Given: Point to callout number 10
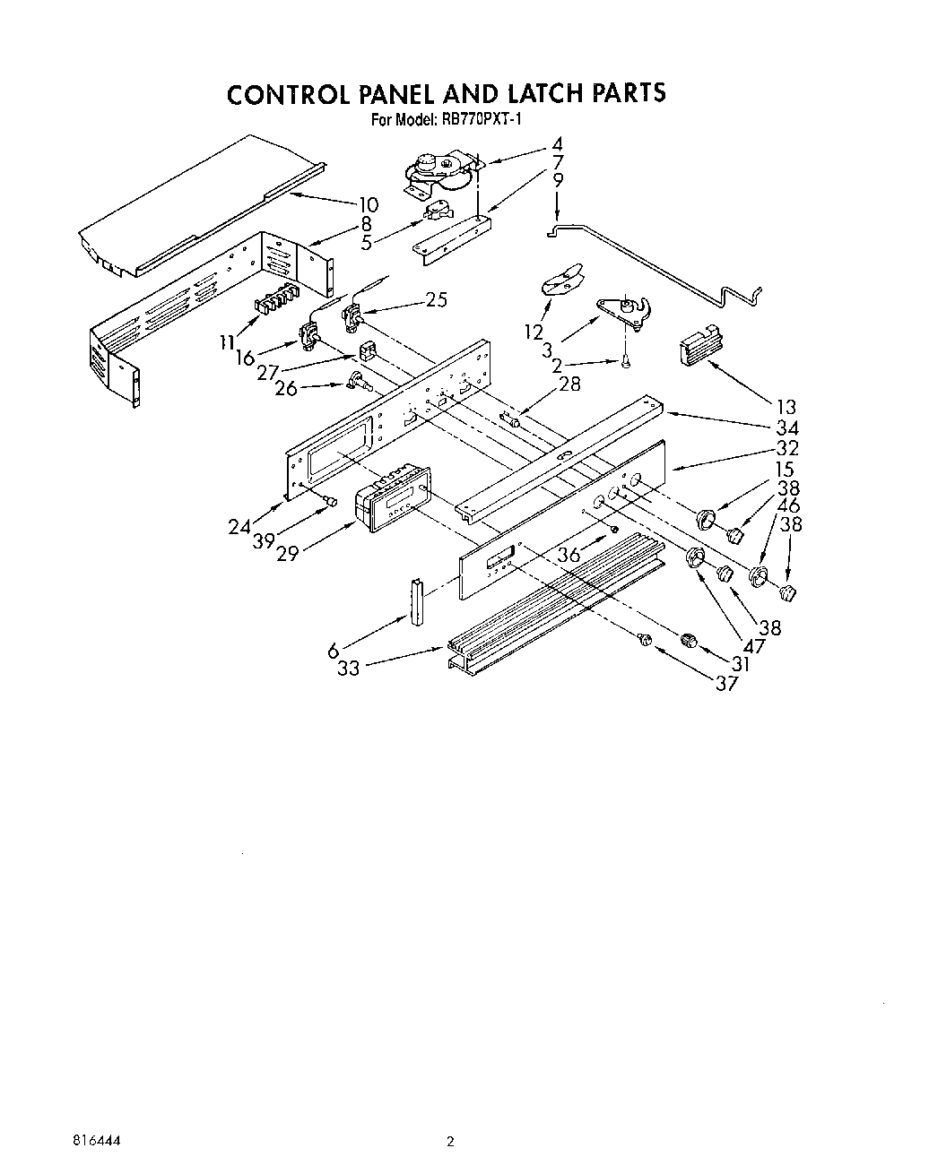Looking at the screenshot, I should [x=368, y=203].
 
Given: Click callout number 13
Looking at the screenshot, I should [x=786, y=408].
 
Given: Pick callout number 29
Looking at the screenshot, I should [x=288, y=553].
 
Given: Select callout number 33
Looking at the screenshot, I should [x=349, y=668].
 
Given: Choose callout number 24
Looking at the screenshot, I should [x=239, y=527].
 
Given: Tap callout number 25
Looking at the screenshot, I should [x=436, y=299].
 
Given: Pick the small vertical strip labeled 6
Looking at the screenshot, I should [x=416, y=604].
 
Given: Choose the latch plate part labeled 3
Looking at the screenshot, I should [x=625, y=311].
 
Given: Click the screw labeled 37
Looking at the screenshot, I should [x=643, y=639].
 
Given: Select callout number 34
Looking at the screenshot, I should [x=787, y=428].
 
